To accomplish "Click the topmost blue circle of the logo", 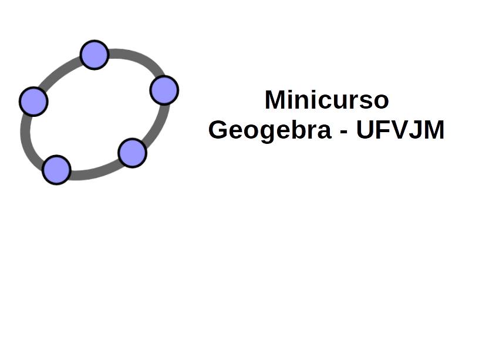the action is [x=95, y=55].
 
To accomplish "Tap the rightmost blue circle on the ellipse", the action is [x=164, y=90].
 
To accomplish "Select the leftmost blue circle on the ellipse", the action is [x=33, y=102].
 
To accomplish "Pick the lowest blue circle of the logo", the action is [x=56, y=170].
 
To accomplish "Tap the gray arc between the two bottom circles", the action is [x=95, y=171].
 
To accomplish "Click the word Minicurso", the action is [x=326, y=100].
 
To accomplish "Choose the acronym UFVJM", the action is [x=400, y=130].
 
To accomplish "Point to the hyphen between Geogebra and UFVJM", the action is [x=343, y=132].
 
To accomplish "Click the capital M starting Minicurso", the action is [x=275, y=99].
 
